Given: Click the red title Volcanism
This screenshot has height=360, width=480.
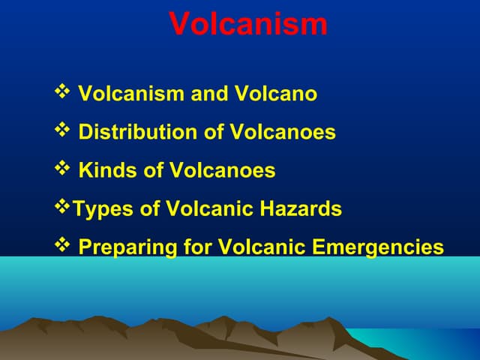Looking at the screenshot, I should click(248, 24).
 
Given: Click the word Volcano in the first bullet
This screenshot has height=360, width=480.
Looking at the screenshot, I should click(275, 94).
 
